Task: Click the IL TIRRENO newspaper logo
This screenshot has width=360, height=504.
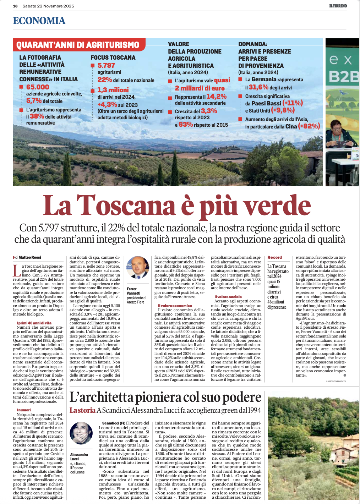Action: click(x=338, y=6)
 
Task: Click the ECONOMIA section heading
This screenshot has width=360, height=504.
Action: click(x=39, y=21)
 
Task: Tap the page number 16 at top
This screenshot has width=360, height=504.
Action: click(x=15, y=6)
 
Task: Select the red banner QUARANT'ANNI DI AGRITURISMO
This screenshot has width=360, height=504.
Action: click(x=78, y=45)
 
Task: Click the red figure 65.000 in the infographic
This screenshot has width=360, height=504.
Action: click(x=38, y=87)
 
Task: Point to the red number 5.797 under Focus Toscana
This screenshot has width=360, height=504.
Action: click(x=106, y=65)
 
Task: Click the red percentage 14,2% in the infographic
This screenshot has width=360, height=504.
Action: click(x=216, y=96)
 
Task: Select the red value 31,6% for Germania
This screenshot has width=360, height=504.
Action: click(x=258, y=87)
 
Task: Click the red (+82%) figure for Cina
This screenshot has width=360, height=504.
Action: click(x=309, y=126)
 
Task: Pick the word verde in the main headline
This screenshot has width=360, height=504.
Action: click(x=279, y=206)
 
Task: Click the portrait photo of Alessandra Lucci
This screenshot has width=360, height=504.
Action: click(x=81, y=433)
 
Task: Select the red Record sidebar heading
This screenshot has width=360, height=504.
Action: click(x=274, y=257)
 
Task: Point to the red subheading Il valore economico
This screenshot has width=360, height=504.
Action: click(x=175, y=306)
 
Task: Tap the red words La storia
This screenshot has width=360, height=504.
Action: click(x=82, y=410)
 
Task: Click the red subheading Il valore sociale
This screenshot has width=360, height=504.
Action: click(x=228, y=297)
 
